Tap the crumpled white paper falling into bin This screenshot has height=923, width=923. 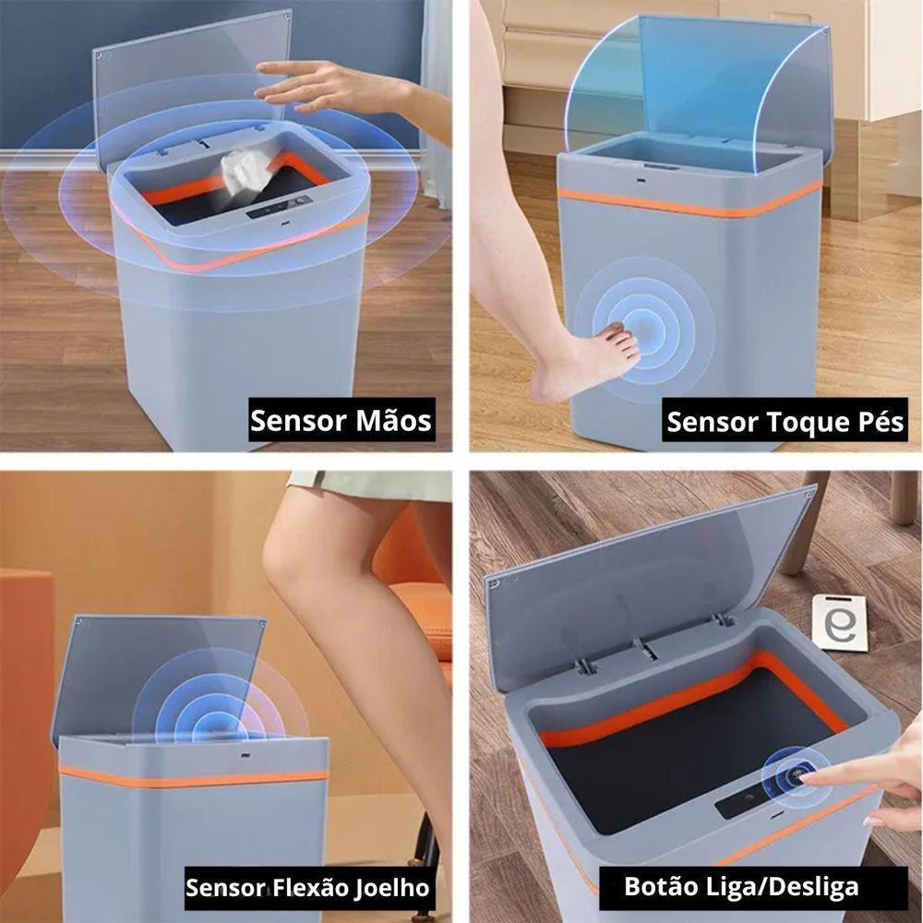point(242,171)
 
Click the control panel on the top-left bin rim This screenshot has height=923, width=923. point(278,210)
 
